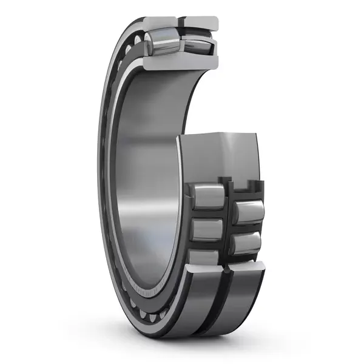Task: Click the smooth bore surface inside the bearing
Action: [143, 182]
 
